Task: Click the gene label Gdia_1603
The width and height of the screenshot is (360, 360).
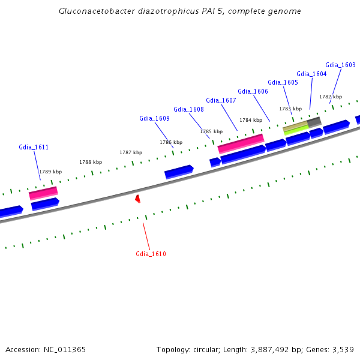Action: pos(340,65)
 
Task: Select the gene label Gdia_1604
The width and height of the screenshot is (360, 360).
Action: pos(311,74)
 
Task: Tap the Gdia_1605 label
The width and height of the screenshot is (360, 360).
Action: pos(283,82)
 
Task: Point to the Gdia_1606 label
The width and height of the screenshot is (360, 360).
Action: pos(253,91)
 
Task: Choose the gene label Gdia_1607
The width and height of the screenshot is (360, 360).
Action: pos(221,100)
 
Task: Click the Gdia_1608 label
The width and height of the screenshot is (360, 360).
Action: pos(188,109)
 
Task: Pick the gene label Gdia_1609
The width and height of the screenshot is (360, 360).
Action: pos(154,118)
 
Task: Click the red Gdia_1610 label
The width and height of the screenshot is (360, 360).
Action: pos(151,254)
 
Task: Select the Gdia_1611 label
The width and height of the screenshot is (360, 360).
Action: pos(34,147)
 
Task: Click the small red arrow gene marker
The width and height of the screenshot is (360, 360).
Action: pos(138,198)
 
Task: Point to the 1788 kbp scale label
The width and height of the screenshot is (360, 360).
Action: pos(91,162)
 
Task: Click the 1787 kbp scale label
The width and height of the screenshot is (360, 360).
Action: pos(131,152)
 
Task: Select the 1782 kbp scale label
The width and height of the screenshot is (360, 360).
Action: pos(330,97)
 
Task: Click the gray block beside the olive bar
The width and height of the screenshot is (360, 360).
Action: pos(314,122)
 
